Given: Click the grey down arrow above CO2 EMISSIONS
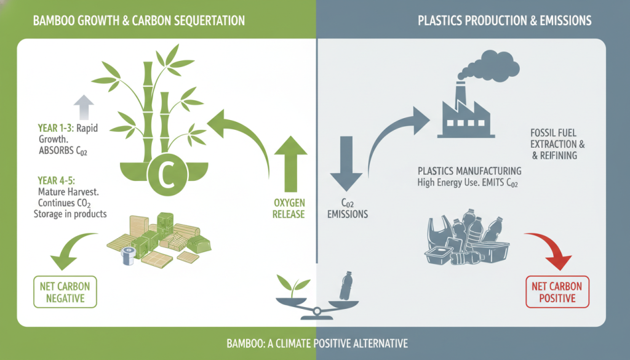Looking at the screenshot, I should pyautogui.click(x=344, y=161).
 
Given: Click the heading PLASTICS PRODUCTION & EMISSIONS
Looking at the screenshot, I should pyautogui.click(x=504, y=20).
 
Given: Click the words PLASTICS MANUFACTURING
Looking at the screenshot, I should pyautogui.click(x=469, y=170).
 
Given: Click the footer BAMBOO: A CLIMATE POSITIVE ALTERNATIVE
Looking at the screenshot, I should pyautogui.click(x=314, y=343).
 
